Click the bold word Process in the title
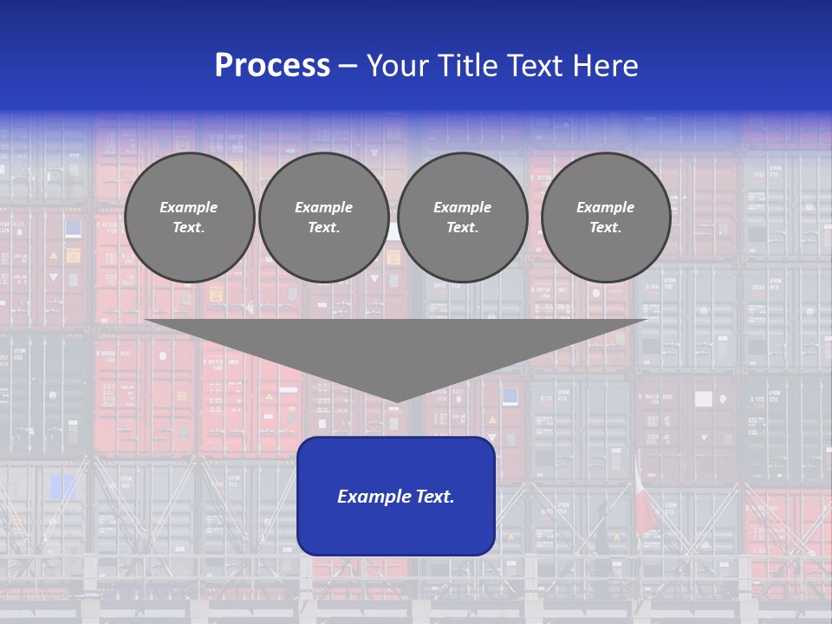click(272, 66)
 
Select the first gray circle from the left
click(189, 218)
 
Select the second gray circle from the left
click(323, 218)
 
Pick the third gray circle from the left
click(462, 218)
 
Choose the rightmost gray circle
click(605, 218)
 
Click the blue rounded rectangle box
click(396, 496)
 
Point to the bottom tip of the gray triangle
click(397, 401)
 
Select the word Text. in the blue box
click(433, 497)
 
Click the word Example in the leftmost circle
click(189, 207)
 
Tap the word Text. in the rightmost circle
click(605, 228)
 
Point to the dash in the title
click(348, 66)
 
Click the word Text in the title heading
click(535, 66)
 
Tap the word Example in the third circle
click(462, 207)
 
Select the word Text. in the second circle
click(323, 228)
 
